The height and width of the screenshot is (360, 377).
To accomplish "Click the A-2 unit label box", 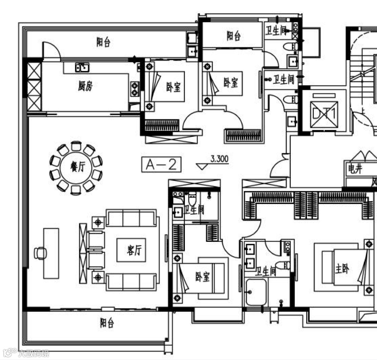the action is click(x=162, y=165).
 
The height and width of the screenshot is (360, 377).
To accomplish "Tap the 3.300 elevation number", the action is click(x=219, y=159).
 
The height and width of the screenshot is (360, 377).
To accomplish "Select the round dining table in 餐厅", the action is click(x=76, y=168).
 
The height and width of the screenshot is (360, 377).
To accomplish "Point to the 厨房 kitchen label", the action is click(x=85, y=87).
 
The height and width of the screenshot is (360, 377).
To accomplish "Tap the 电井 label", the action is click(x=355, y=170).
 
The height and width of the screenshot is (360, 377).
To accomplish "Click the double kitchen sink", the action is click(x=82, y=67).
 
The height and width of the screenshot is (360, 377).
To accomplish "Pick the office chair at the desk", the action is click(x=40, y=253).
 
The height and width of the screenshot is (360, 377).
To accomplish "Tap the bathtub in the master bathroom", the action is click(x=256, y=292).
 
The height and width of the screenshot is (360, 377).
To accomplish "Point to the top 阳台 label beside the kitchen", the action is click(x=103, y=43).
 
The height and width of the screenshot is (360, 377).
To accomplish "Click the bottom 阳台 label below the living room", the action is click(x=107, y=323).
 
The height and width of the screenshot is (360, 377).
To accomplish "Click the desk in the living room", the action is click(x=51, y=253).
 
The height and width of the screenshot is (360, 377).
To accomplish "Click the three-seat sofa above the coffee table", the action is click(x=131, y=218).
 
